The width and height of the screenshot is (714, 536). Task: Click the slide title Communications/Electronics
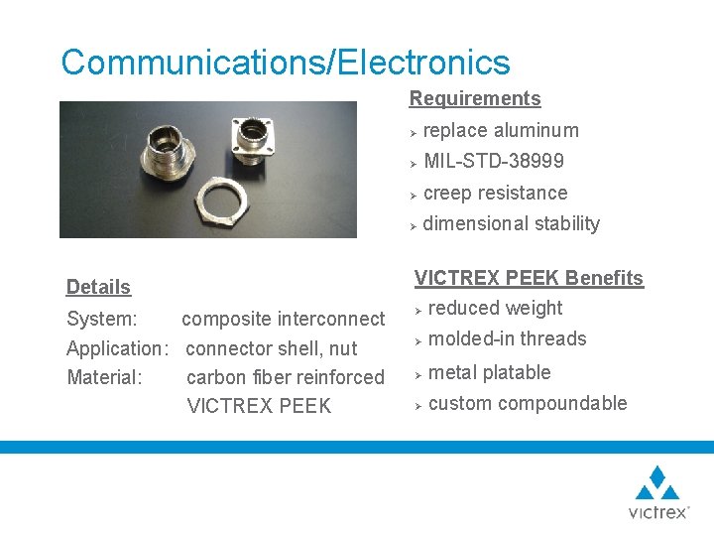[x=286, y=63]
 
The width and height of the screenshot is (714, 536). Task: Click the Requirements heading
[x=475, y=98]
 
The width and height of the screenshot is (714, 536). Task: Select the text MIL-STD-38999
[x=494, y=161]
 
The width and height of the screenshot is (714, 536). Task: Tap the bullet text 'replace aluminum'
[x=501, y=130]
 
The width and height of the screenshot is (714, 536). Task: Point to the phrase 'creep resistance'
[x=496, y=193]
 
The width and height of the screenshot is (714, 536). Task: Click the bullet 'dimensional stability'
[x=511, y=223]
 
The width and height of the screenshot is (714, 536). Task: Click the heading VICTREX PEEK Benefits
[x=529, y=278]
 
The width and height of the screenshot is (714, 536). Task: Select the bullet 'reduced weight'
[x=495, y=308]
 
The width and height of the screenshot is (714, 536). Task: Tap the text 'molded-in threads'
[x=507, y=338]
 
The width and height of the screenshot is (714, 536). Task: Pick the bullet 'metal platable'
[x=489, y=372]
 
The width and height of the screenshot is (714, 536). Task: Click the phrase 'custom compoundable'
[x=528, y=403]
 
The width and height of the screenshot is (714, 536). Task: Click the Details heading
[x=98, y=287]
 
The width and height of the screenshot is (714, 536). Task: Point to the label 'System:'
[x=101, y=319]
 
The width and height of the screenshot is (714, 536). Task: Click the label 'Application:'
[x=116, y=348]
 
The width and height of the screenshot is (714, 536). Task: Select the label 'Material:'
[x=104, y=377]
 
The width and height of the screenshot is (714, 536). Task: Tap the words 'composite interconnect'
[x=283, y=319]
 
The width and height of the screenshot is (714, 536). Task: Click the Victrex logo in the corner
[x=657, y=492]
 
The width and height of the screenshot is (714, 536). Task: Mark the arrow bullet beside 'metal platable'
[x=419, y=374]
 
